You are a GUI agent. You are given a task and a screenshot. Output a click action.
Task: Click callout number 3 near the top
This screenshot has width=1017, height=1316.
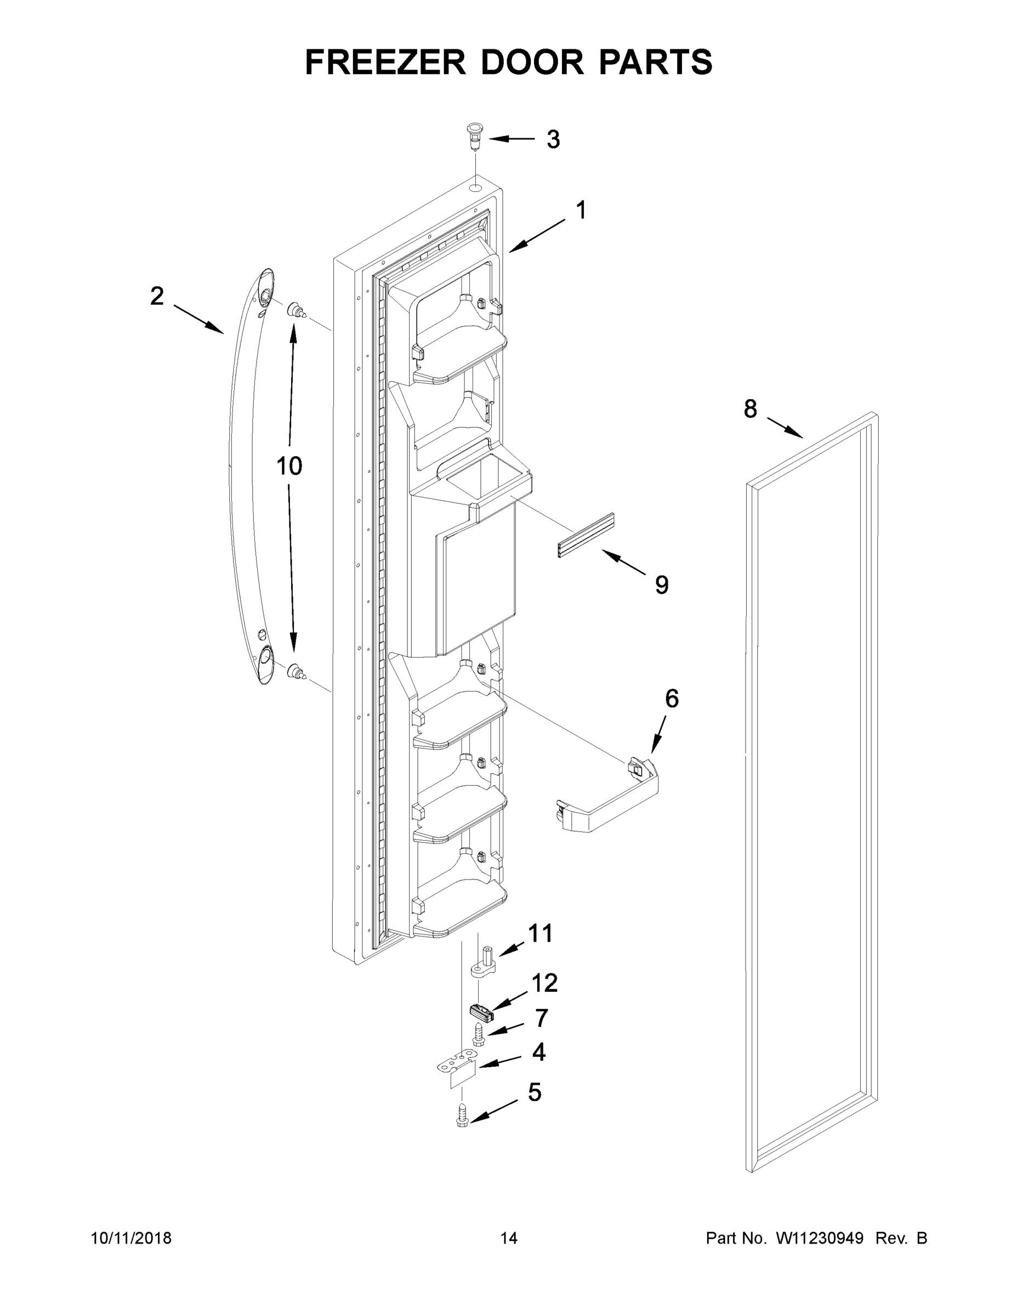[553, 140]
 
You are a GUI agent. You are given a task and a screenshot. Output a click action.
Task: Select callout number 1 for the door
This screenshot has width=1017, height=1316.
[581, 211]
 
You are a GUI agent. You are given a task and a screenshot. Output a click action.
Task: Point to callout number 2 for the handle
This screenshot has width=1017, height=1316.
[157, 296]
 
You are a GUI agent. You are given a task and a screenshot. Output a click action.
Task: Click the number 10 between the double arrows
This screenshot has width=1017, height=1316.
[289, 466]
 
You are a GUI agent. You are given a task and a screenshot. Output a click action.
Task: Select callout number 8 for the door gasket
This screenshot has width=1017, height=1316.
[750, 410]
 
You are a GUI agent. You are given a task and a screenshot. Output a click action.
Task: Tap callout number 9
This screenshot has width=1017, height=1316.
[662, 585]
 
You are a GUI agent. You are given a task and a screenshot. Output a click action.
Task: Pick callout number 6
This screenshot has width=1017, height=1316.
[672, 699]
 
